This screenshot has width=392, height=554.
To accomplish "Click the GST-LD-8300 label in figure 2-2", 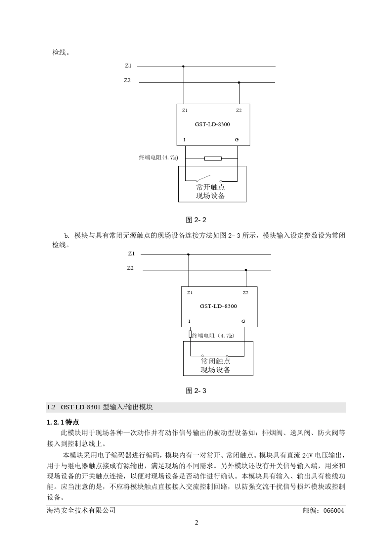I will [213, 124].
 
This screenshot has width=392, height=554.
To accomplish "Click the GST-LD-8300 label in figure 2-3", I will [218, 306].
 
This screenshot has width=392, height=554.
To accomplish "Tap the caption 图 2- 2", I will [196, 220].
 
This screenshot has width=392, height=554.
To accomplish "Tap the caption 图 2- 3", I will [196, 390].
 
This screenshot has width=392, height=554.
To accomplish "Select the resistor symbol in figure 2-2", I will [213, 158].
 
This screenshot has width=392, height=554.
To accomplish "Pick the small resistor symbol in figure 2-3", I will [190, 334].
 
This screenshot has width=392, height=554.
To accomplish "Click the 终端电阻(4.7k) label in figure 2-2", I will [158, 157].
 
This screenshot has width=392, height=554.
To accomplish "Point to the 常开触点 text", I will [210, 187].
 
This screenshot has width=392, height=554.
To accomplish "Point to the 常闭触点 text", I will [215, 361].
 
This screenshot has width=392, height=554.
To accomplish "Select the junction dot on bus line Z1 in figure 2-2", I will [183, 66].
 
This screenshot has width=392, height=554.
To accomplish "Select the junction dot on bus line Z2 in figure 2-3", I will [246, 270].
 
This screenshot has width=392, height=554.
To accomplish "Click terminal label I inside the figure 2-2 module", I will [184, 140].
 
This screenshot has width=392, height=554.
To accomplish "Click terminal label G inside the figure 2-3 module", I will [243, 321].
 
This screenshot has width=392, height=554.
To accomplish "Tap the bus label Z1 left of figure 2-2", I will [128, 66].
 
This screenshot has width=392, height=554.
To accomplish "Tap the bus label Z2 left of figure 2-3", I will [130, 268].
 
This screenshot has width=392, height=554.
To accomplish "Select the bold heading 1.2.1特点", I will [63, 423].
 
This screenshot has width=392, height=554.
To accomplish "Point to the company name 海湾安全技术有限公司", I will [81, 510].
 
